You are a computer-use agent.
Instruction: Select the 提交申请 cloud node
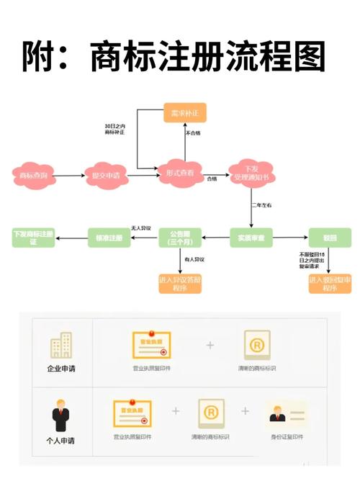pos(107,174)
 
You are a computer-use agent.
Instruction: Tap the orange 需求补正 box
pos(184,113)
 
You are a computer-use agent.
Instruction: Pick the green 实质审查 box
pos(251,237)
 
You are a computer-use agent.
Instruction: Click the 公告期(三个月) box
pos(179,237)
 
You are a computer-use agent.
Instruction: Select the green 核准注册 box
pos(109,237)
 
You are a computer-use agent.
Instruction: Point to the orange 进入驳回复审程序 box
pos(330,283)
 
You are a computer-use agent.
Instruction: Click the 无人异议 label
pos(140,228)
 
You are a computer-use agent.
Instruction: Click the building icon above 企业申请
pos(61,346)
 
